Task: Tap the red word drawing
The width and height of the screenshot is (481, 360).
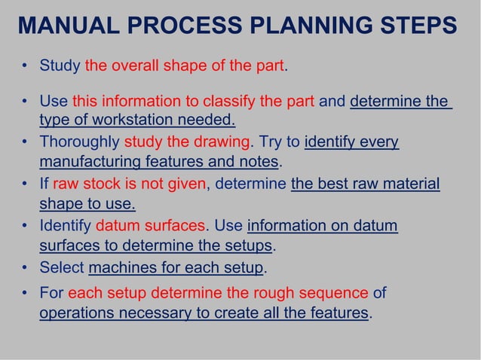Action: pyautogui.click(x=225, y=142)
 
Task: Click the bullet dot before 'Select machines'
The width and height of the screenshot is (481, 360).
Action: pyautogui.click(x=25, y=268)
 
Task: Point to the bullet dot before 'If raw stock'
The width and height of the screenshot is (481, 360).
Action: pyautogui.click(x=25, y=185)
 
